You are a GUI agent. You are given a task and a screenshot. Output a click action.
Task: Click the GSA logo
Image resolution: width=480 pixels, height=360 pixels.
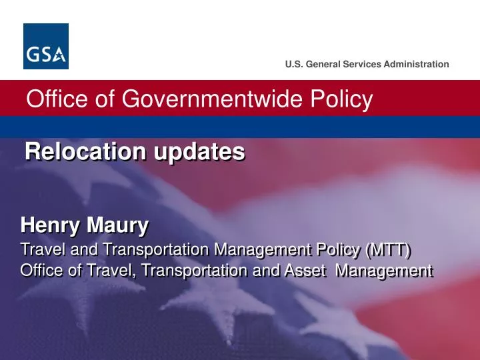click(46, 46)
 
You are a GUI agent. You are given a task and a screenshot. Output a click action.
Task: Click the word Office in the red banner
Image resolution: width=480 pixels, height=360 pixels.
click(54, 100)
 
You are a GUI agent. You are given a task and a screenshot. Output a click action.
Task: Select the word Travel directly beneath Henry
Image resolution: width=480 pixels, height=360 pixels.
click(41, 250)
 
